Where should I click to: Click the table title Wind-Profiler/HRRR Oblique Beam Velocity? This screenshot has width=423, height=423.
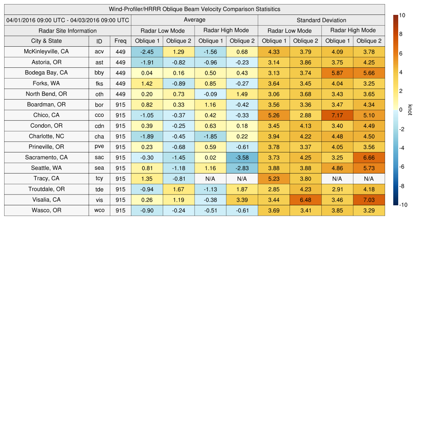pos(195,9)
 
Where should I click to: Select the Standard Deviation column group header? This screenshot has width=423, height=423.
pos(321,20)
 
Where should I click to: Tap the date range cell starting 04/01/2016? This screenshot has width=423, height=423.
pos(68,20)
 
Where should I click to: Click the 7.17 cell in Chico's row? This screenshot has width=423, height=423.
pos(337,115)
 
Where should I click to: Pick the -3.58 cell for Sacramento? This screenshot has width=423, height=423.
pos(242,157)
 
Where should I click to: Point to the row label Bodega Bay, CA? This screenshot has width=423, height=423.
pos(46,73)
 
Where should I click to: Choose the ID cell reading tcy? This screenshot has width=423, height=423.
pos(99,179)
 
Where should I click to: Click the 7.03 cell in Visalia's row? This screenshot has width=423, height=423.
pos(369,200)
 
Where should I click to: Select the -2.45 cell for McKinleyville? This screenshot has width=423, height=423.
pos(147,52)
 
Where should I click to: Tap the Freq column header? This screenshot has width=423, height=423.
pos(121,41)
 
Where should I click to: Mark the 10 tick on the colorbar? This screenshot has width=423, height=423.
pos(402,15)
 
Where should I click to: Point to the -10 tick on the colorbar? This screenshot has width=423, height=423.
pos(403,204)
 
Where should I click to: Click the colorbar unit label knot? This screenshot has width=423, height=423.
pos(410,110)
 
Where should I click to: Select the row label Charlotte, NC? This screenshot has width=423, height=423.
pos(46,136)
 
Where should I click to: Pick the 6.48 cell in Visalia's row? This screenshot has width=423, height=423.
pos(305,200)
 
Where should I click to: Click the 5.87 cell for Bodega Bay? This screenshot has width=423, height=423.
pos(337,73)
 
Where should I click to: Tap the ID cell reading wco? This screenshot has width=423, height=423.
pos(99,210)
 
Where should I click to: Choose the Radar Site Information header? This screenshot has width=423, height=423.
pos(68,31)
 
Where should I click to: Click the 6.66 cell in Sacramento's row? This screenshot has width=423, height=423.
pos(369,157)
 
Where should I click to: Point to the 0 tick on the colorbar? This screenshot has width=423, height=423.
pos(401,110)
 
